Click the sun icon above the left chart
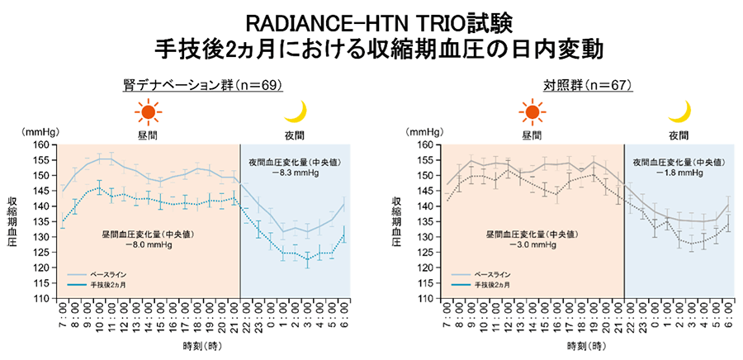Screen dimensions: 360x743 [x=147, y=112]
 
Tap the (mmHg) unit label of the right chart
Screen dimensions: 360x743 [x=424, y=131]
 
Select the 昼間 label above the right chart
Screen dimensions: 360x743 [x=532, y=134]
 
